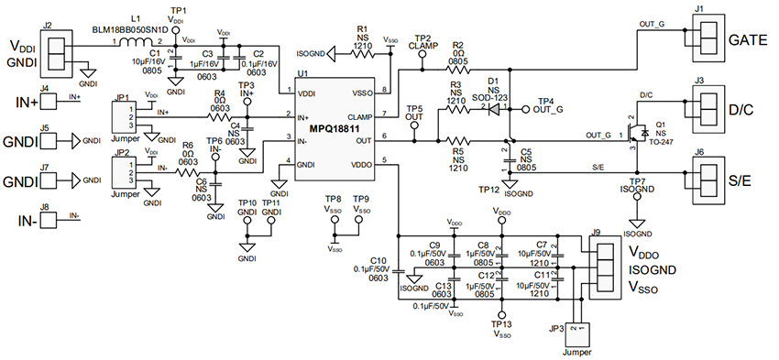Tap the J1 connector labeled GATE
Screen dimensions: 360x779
pos(706,41)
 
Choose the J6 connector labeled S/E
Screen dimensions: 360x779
pos(706,180)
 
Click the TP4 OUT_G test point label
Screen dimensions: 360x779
pos(546,105)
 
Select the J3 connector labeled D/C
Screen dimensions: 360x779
pos(706,109)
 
